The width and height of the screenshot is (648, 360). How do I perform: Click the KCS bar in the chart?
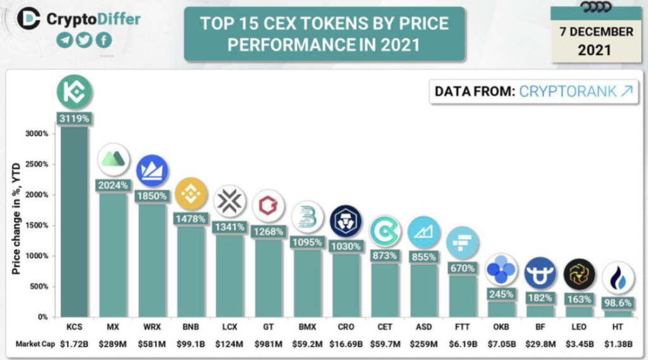75,221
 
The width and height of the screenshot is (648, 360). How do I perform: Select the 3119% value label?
75,118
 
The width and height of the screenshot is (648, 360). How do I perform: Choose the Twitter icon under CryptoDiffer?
84,40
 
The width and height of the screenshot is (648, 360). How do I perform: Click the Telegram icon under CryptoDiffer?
65,40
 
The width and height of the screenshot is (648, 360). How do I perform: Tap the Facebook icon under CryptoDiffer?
103,40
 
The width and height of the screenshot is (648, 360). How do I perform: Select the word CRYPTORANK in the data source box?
567,92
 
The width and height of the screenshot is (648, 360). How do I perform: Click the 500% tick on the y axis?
38,287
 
